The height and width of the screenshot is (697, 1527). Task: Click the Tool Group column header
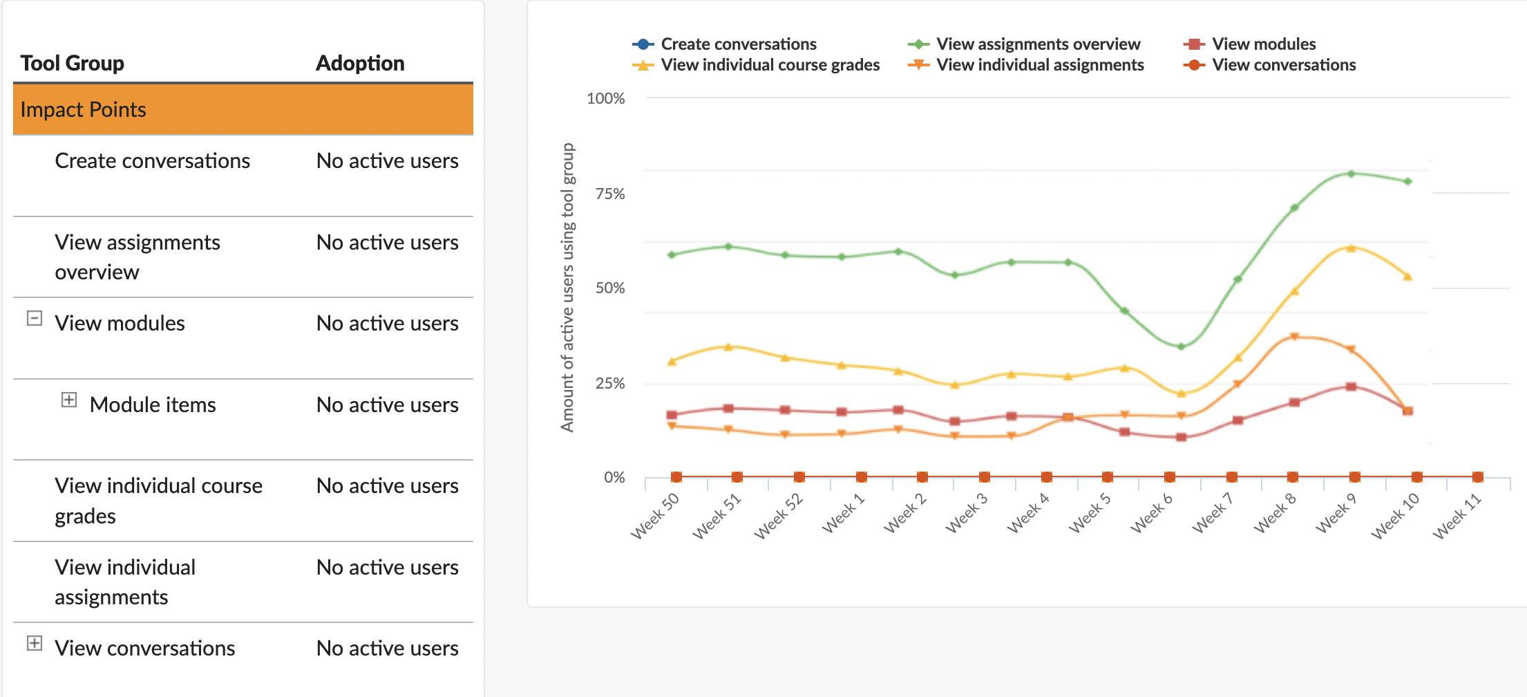tap(73, 64)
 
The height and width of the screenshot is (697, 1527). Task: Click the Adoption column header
tap(360, 64)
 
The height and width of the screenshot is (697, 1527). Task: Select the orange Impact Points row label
tap(84, 110)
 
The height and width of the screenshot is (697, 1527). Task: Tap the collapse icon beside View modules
tap(35, 319)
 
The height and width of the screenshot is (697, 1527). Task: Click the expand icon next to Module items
tap(69, 400)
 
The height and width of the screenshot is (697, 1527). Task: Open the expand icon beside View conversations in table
tap(35, 644)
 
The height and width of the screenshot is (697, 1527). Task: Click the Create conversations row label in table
tap(152, 161)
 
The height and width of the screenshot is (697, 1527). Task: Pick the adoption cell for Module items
tap(387, 405)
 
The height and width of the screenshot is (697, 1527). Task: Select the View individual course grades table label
tap(158, 501)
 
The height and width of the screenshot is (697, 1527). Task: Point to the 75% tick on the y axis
tap(610, 194)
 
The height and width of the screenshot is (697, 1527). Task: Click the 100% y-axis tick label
tap(605, 98)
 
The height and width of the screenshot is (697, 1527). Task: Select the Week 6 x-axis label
tap(1151, 514)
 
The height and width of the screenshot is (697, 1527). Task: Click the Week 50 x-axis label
tap(655, 516)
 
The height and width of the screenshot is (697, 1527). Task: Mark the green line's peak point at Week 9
tap(1351, 174)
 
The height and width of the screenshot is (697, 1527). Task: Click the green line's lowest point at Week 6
tap(1181, 346)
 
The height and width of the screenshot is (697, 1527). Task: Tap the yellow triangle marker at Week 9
tap(1351, 248)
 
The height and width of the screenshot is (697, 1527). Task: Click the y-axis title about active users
tap(567, 288)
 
